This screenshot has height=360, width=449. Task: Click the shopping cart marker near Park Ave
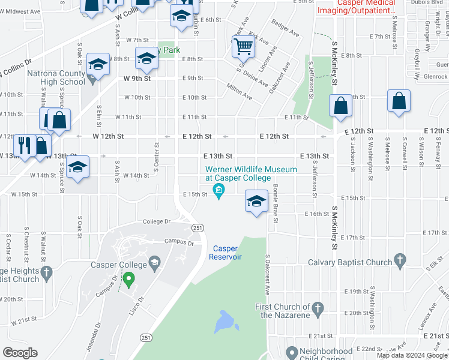[x=244, y=45]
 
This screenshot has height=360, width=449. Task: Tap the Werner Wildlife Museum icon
[x=218, y=192]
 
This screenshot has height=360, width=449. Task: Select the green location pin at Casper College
[x=128, y=279]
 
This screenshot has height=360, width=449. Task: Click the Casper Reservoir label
[x=225, y=253]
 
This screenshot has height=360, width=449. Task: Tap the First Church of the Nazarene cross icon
[x=319, y=310]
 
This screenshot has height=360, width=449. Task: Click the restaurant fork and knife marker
[x=24, y=145]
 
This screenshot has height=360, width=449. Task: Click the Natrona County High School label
[x=56, y=78]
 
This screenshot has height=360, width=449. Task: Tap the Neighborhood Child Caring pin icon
[x=292, y=352]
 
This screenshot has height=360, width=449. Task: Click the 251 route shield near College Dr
[x=197, y=227]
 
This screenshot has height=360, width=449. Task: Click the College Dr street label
[x=157, y=221]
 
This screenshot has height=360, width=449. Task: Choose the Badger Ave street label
[x=285, y=30]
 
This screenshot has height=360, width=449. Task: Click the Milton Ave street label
[x=239, y=91]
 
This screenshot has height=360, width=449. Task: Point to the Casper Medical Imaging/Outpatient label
[x=357, y=7]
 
